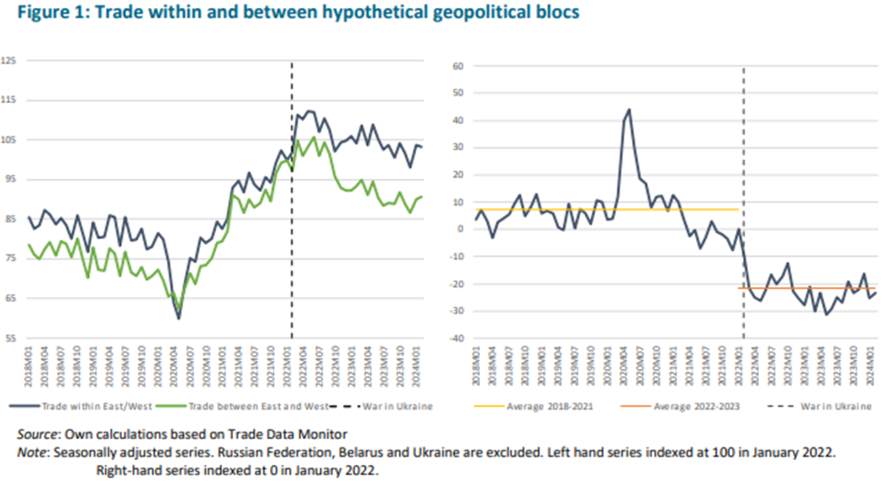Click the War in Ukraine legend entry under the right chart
[836, 407]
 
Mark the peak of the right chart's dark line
[629, 110]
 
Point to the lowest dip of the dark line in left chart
[178, 318]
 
